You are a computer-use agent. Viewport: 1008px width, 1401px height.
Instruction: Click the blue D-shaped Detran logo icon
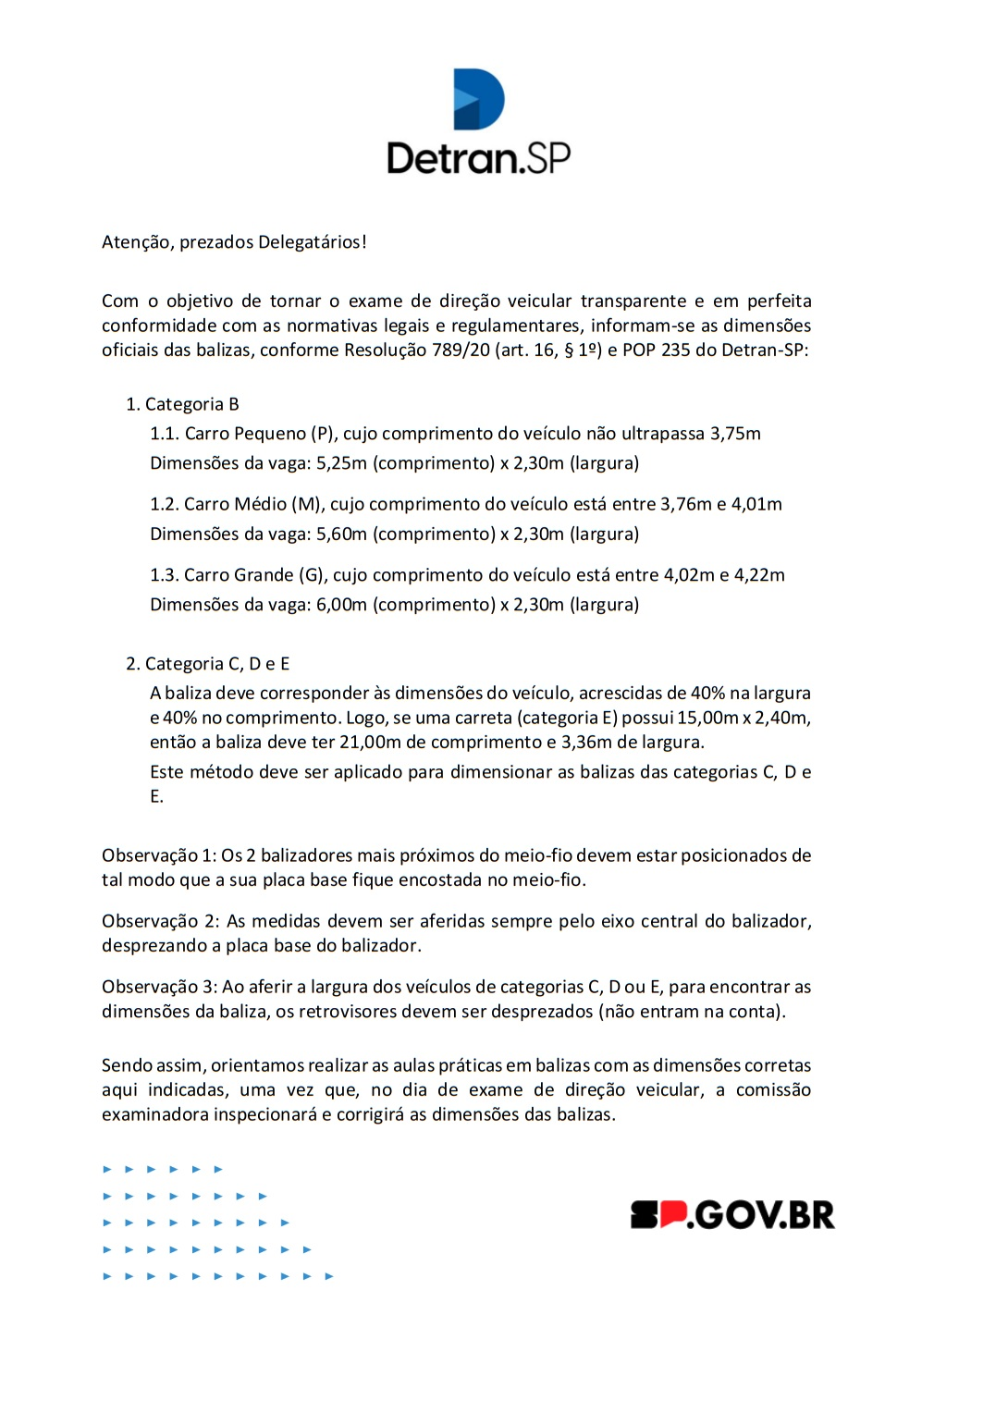pyautogui.click(x=478, y=99)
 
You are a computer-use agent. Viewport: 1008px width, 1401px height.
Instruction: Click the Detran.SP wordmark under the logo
pyautogui.click(x=478, y=158)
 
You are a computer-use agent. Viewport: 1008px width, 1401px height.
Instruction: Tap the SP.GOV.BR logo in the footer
pyautogui.click(x=732, y=1214)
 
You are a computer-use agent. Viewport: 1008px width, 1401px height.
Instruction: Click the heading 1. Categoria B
pyautogui.click(x=183, y=404)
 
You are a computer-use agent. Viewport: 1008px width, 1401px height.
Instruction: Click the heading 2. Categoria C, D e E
pyautogui.click(x=208, y=664)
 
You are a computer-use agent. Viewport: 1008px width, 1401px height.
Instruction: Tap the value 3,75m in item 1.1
pyautogui.click(x=735, y=434)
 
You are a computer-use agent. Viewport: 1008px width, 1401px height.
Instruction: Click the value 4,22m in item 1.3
pyautogui.click(x=759, y=575)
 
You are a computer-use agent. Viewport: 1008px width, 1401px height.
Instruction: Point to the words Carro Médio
pyautogui.click(x=235, y=504)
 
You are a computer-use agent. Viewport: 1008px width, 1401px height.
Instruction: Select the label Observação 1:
pyautogui.click(x=158, y=855)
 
